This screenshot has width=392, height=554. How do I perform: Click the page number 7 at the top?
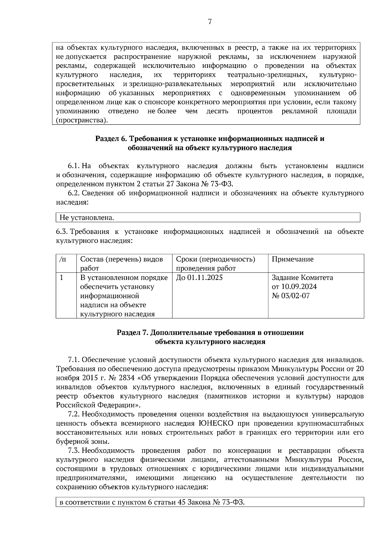click(210, 22)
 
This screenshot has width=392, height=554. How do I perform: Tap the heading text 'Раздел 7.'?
click(132, 333)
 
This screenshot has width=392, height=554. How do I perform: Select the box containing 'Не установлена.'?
click(208, 217)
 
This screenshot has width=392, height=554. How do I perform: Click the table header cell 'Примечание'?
click(292, 259)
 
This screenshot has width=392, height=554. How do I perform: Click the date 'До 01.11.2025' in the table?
click(199, 278)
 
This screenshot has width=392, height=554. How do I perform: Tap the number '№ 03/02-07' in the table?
click(290, 296)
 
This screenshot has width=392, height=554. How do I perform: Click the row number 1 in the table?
click(61, 278)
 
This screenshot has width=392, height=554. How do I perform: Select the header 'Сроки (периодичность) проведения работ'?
click(216, 264)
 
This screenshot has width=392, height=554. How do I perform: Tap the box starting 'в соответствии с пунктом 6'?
click(209, 502)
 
